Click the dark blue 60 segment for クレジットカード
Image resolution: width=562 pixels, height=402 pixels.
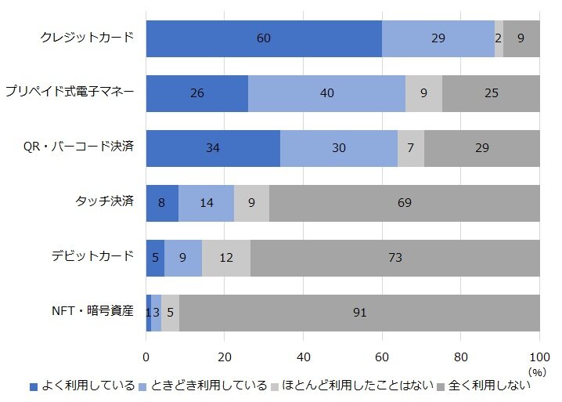[264, 38]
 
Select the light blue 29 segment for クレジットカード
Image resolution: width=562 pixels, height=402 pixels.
[438, 38]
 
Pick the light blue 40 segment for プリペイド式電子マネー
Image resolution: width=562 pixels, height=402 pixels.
[326, 93]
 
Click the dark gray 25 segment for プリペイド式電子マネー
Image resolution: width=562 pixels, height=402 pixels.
[491, 93]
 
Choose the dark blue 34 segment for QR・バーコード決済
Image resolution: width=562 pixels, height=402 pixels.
[213, 148]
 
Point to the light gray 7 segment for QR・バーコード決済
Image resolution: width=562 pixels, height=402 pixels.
[411, 148]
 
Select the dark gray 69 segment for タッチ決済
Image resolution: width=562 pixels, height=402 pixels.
[404, 203]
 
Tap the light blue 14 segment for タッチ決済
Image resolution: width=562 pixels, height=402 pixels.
[207, 203]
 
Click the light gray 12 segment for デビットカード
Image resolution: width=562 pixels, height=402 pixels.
[226, 258]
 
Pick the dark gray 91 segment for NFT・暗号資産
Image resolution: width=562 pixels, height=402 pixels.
[359, 313]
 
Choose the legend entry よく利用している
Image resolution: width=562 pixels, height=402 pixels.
[82, 386]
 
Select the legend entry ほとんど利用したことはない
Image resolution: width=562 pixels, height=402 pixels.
[352, 386]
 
